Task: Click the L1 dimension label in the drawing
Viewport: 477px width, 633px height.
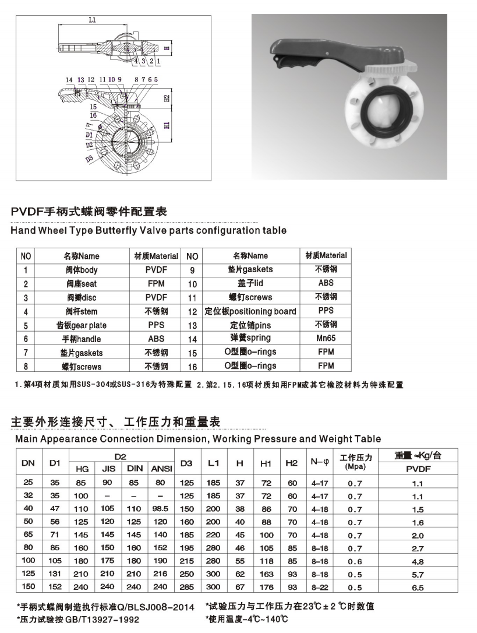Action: (92, 20)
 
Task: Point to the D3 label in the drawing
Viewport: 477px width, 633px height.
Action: (89, 158)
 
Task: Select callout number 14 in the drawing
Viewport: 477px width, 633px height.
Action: (69, 79)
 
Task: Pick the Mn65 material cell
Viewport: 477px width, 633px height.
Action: (326, 338)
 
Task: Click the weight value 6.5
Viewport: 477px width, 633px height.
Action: (418, 589)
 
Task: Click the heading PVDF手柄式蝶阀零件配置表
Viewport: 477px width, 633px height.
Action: (89, 212)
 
